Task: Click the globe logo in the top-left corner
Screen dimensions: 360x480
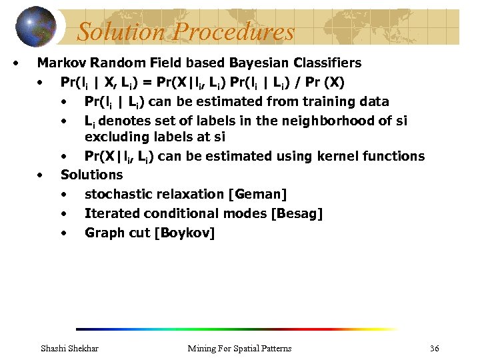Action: (37, 27)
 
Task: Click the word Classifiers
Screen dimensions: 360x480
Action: (327, 63)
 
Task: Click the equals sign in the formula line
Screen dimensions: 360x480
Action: (158, 83)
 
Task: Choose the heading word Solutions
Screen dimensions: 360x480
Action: (92, 175)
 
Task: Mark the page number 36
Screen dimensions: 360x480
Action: (435, 349)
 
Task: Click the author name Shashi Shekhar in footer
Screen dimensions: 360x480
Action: (69, 349)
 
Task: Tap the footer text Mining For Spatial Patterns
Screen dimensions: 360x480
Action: (239, 349)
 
